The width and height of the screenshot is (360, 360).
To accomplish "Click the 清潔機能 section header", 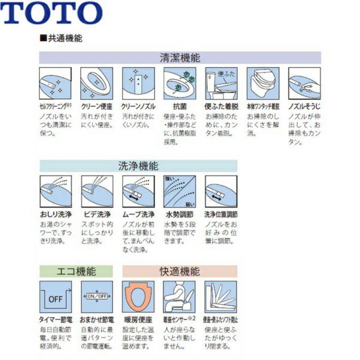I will [x=180, y=58].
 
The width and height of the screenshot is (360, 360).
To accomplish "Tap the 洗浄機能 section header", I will [x=138, y=166].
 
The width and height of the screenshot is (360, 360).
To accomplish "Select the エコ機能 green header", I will [x=76, y=271].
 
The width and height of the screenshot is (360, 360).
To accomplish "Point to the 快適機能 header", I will [x=180, y=271].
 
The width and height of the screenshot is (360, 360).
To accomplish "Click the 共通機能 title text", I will [x=61, y=38].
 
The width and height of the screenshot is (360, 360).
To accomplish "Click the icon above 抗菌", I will [x=180, y=83].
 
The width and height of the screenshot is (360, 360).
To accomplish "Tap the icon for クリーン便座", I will [x=97, y=83].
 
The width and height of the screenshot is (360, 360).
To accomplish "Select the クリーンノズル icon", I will [x=138, y=83].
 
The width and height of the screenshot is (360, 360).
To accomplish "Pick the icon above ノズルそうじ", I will [x=304, y=83].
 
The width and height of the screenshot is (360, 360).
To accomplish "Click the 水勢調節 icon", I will [x=180, y=191].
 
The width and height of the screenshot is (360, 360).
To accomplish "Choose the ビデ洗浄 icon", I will [x=97, y=191].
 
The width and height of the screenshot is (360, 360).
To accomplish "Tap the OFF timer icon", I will [x=55, y=297].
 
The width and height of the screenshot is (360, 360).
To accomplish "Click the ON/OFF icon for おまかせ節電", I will [x=97, y=297].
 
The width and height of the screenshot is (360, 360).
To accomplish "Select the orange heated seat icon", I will [x=138, y=297].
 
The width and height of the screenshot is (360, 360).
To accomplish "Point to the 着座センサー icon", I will [x=180, y=297].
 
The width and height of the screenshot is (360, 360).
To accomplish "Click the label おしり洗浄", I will [x=55, y=214].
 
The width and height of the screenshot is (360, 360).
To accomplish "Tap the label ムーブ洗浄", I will [x=138, y=214].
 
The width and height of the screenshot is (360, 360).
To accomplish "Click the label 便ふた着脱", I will [x=221, y=107].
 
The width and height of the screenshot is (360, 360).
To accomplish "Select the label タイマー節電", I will [x=55, y=320].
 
